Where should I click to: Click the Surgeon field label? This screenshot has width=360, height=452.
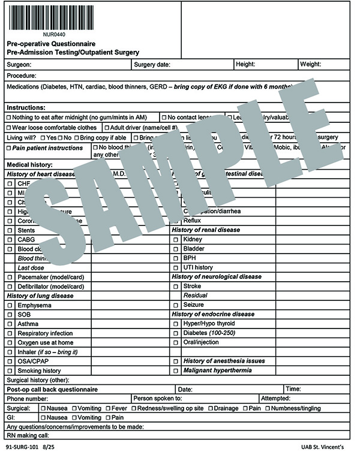[19, 64]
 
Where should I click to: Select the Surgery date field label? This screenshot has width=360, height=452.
[152, 64]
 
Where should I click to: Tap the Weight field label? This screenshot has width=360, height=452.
[310, 64]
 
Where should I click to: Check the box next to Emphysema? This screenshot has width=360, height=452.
[10, 305]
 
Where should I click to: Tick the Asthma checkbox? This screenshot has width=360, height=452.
[10, 324]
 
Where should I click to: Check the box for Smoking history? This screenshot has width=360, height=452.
[10, 370]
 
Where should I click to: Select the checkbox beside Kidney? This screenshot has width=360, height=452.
[176, 239]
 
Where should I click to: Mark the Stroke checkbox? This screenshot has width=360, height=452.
[176, 286]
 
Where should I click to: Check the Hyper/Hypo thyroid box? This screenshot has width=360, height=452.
[176, 324]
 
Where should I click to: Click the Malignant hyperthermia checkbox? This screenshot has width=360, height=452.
[176, 370]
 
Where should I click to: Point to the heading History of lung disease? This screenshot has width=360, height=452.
[40, 296]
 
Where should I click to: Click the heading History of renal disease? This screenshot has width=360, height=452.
[205, 230]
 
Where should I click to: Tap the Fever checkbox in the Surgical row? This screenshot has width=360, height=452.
[108, 408]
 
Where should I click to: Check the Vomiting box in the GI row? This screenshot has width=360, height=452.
[75, 417]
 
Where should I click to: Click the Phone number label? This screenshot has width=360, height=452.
[27, 399]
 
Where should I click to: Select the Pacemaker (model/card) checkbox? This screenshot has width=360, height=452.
[10, 277]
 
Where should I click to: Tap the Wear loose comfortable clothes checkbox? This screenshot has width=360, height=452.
[9, 127]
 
